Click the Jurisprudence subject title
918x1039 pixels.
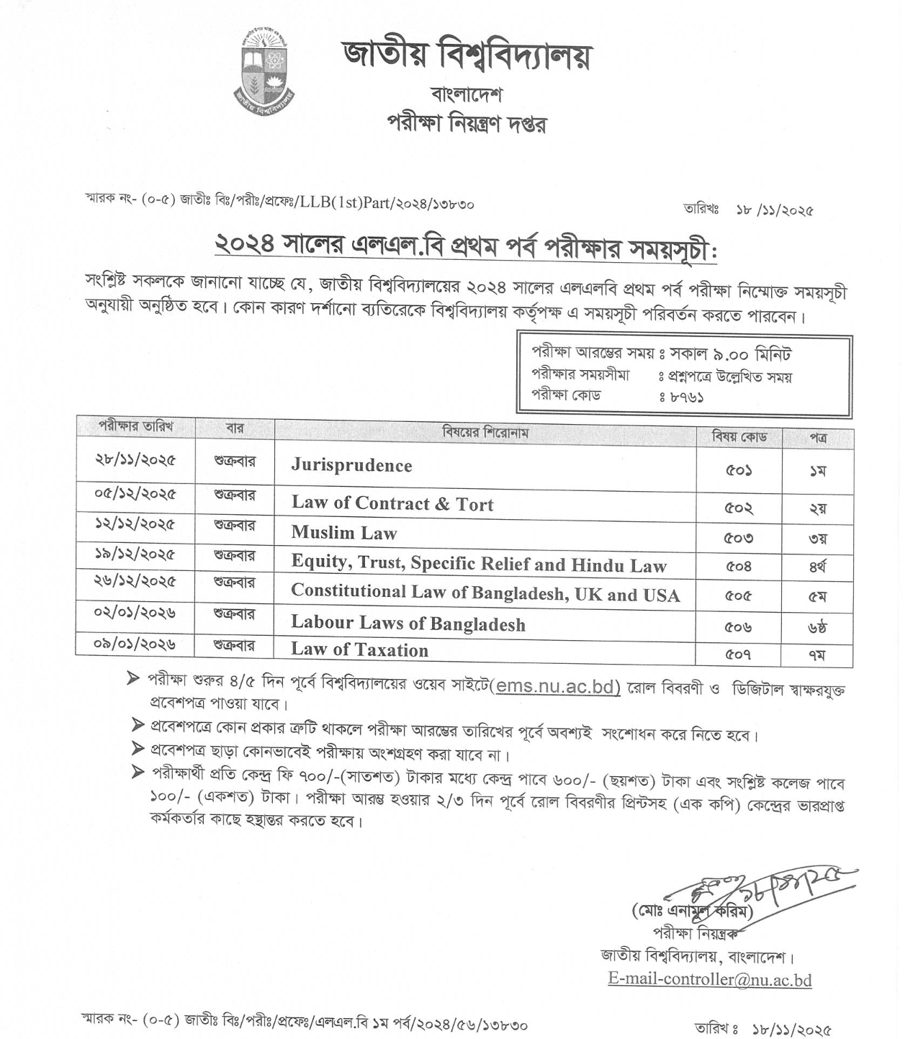click(x=351, y=465)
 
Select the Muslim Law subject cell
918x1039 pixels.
click(x=344, y=533)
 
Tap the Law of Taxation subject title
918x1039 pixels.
click(x=359, y=649)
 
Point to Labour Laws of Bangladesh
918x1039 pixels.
click(x=408, y=623)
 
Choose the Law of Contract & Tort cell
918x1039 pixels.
click(x=392, y=503)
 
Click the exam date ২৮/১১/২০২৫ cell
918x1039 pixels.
click(x=135, y=459)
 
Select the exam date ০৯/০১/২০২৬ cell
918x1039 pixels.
click(x=135, y=643)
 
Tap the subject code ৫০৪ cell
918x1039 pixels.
click(x=739, y=567)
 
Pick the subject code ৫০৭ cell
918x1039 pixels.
click(x=739, y=655)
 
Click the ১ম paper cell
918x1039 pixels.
click(x=817, y=471)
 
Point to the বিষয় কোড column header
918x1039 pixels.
click(x=739, y=436)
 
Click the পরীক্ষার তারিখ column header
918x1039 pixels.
click(x=135, y=426)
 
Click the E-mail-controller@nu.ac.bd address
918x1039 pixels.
click(x=710, y=979)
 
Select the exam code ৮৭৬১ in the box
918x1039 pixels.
click(x=686, y=396)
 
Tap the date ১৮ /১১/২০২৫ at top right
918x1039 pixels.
click(x=774, y=211)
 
